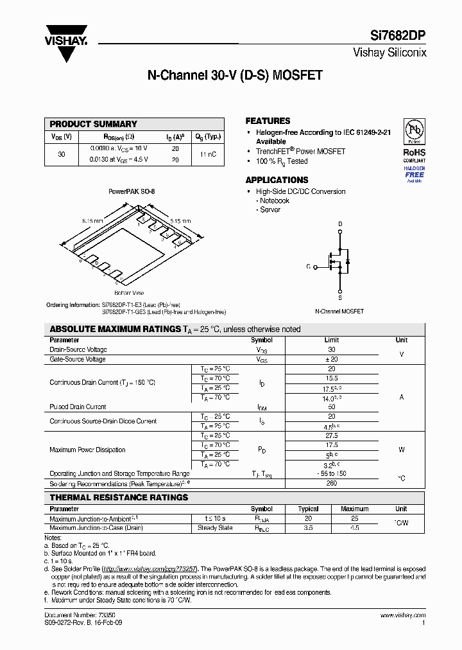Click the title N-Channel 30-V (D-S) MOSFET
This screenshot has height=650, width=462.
tap(235, 76)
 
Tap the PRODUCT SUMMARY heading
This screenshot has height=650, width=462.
tap(94, 124)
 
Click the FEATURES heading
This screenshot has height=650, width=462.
tap(268, 121)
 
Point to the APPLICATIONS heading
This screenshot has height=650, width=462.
tap(277, 180)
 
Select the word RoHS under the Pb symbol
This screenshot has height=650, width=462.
tap(414, 152)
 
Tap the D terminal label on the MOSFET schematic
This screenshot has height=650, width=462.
tap(340, 224)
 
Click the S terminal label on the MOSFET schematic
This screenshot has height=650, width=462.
tap(340, 298)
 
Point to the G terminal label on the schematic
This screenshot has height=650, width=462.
tap(308, 266)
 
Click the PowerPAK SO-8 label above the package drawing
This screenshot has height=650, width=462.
tap(132, 191)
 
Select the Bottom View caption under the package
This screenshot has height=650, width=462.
tap(128, 292)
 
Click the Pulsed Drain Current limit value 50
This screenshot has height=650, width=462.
tap(331, 407)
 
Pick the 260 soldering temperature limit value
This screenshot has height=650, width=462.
tap(331, 483)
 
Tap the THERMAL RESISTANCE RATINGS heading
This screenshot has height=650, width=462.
tap(119, 497)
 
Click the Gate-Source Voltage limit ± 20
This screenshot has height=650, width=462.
tap(331, 359)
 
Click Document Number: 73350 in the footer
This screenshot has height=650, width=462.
tap(71, 615)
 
